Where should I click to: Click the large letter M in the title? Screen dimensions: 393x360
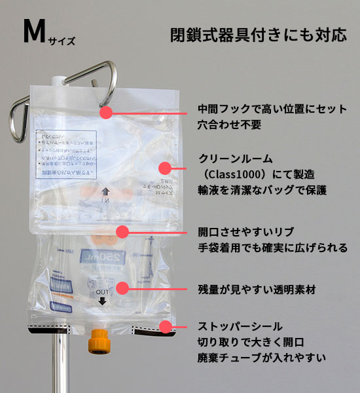33,33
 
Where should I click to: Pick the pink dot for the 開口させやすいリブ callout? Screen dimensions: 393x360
122,231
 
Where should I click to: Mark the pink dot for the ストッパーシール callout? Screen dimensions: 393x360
166,326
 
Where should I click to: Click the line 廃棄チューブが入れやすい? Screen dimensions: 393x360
262,358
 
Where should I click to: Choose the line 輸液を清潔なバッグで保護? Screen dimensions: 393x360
262,190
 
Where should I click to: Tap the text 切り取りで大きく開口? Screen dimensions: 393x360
253,342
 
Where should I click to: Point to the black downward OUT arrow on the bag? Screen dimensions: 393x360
102,301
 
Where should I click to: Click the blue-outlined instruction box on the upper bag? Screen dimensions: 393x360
65,154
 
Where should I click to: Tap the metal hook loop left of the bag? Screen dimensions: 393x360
20,111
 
